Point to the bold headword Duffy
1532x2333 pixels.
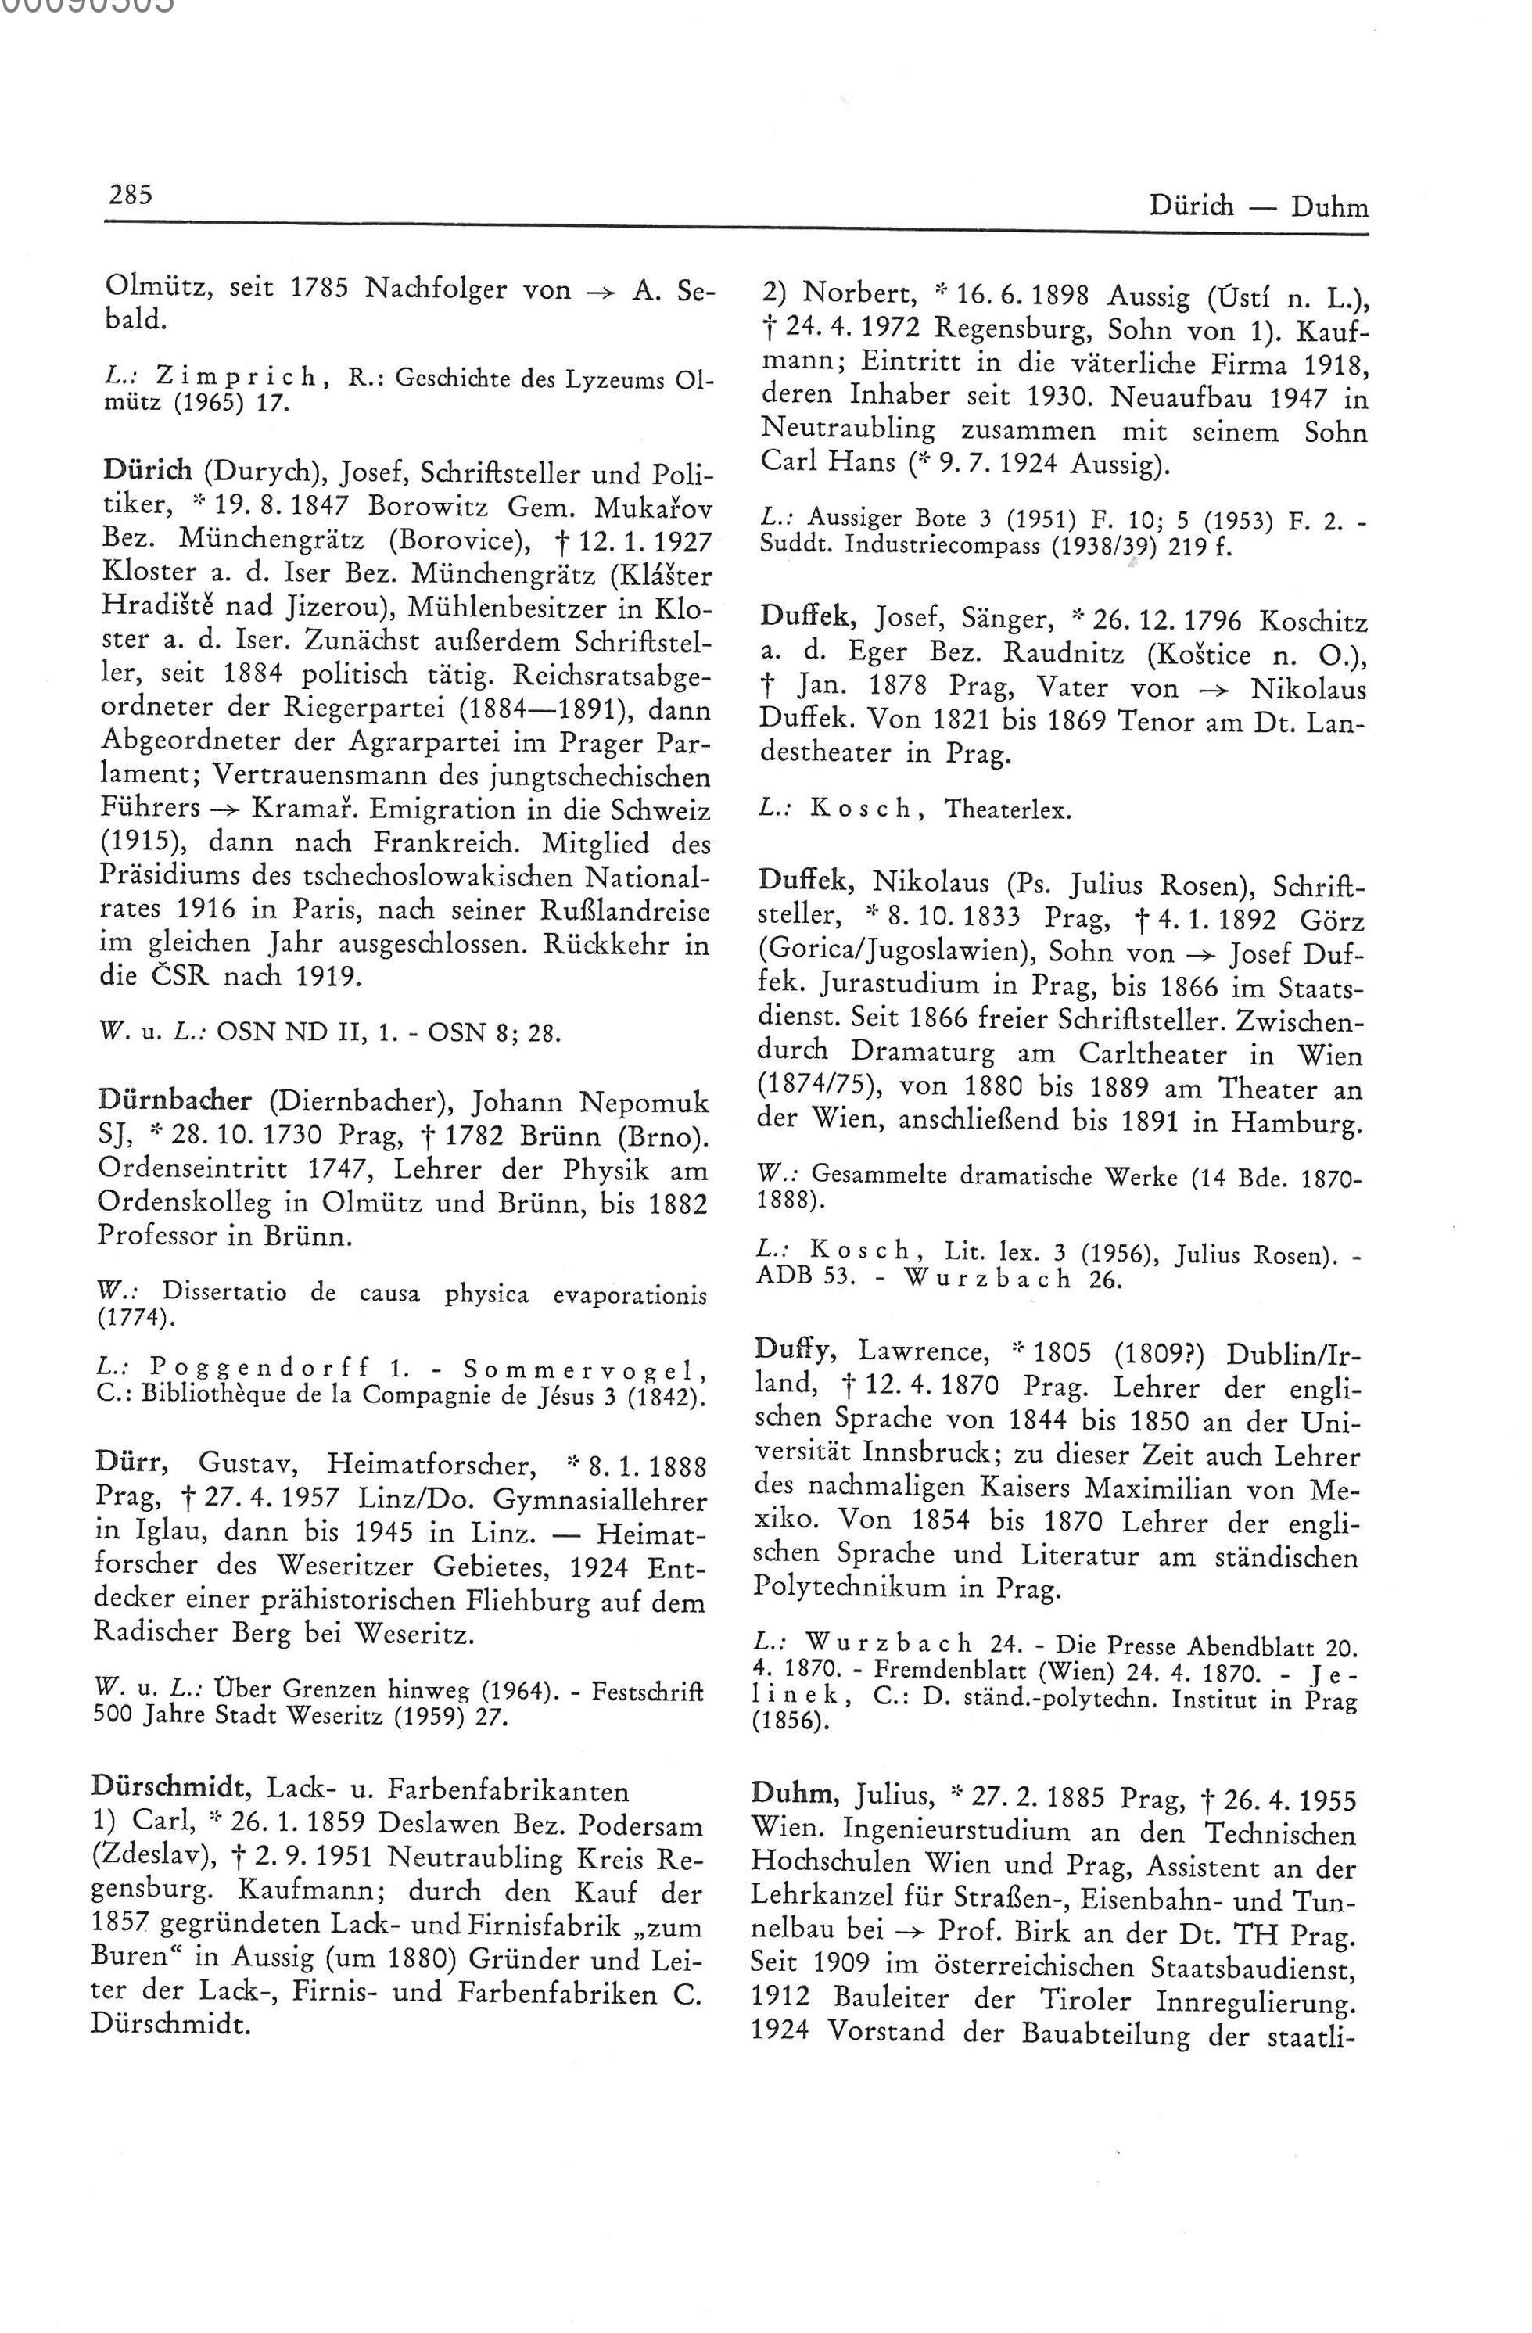tap(795, 1350)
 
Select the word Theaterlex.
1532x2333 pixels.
tap(1009, 811)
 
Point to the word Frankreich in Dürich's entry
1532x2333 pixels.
tap(452, 844)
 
